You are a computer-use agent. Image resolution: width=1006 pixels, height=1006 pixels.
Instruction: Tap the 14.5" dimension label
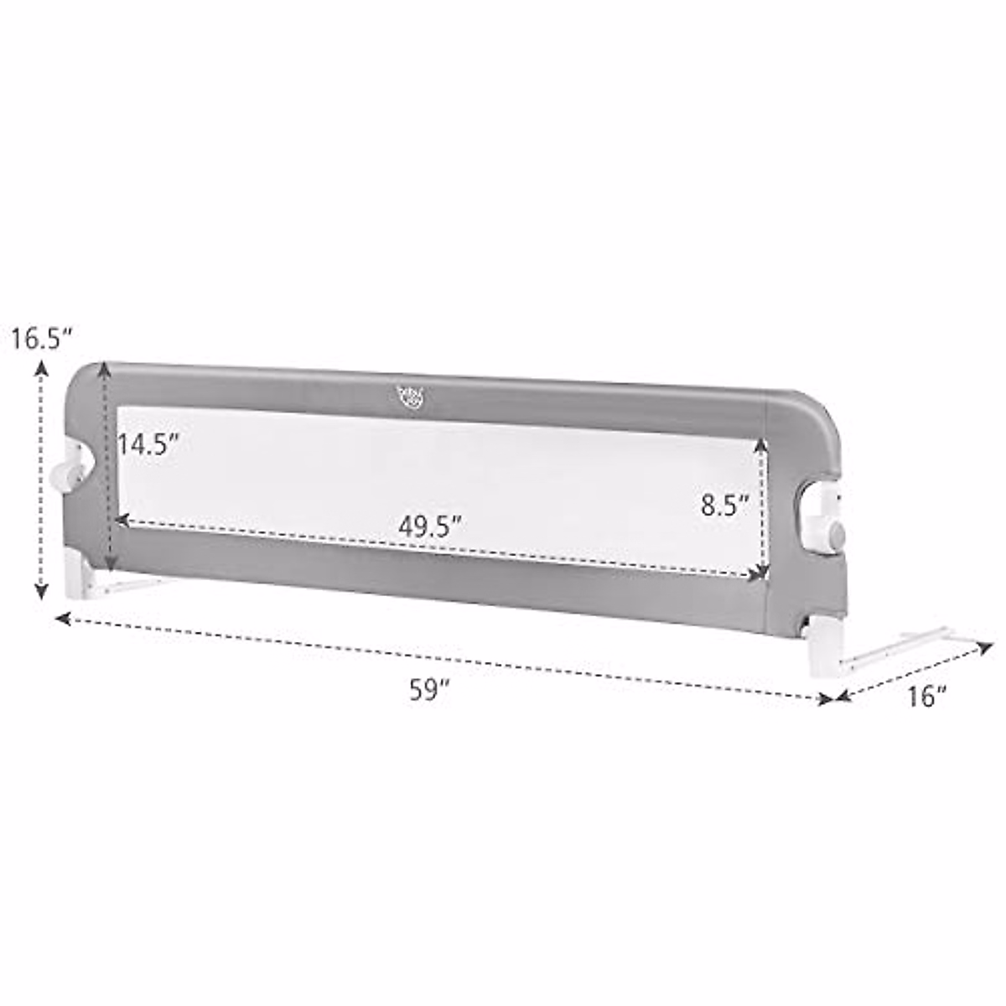[149, 444]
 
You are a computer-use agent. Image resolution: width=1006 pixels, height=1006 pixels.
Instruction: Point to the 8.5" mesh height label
[724, 506]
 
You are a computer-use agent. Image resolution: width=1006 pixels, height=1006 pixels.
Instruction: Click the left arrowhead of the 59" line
[60, 619]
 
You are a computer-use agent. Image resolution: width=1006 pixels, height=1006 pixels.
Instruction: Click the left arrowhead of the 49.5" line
[120, 521]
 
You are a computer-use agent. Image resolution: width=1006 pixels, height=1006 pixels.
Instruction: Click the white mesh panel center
[436, 469]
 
